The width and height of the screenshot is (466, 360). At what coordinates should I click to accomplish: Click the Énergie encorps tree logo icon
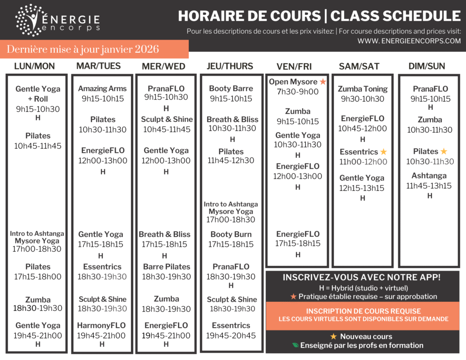tap(29, 20)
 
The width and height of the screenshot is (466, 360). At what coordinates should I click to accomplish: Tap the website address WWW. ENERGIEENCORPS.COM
tap(409, 41)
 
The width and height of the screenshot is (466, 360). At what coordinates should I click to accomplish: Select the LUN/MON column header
tap(35, 66)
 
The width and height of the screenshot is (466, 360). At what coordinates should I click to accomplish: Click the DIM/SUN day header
tap(427, 66)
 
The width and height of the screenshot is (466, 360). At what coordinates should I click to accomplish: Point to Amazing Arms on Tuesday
tap(102, 89)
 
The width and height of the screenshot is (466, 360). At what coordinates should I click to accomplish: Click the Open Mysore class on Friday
tap(293, 82)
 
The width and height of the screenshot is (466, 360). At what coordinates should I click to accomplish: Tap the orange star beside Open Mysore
tap(323, 82)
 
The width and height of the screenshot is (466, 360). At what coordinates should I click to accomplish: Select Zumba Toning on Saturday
tap(363, 89)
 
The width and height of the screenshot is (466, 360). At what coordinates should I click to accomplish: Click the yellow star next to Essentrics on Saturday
tap(384, 152)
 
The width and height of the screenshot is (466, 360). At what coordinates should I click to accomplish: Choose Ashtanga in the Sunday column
tap(429, 176)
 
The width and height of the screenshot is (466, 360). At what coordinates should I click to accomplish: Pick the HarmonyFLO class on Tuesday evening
tap(101, 325)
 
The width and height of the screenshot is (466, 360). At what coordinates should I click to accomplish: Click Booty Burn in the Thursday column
tap(231, 234)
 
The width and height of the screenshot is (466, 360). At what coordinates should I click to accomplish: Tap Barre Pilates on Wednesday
tap(167, 267)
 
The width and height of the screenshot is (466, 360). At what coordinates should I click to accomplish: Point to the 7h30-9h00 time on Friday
tap(298, 92)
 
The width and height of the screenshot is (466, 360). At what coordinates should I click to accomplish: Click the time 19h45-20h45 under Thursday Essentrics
tap(231, 336)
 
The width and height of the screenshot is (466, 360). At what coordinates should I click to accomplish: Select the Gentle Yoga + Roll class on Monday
tap(38, 94)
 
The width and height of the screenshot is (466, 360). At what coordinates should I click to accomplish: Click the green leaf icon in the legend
tap(296, 345)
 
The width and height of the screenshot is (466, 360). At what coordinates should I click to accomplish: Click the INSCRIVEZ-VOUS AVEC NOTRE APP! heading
tap(362, 278)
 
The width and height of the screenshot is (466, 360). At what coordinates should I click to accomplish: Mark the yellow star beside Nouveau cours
tap(333, 336)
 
